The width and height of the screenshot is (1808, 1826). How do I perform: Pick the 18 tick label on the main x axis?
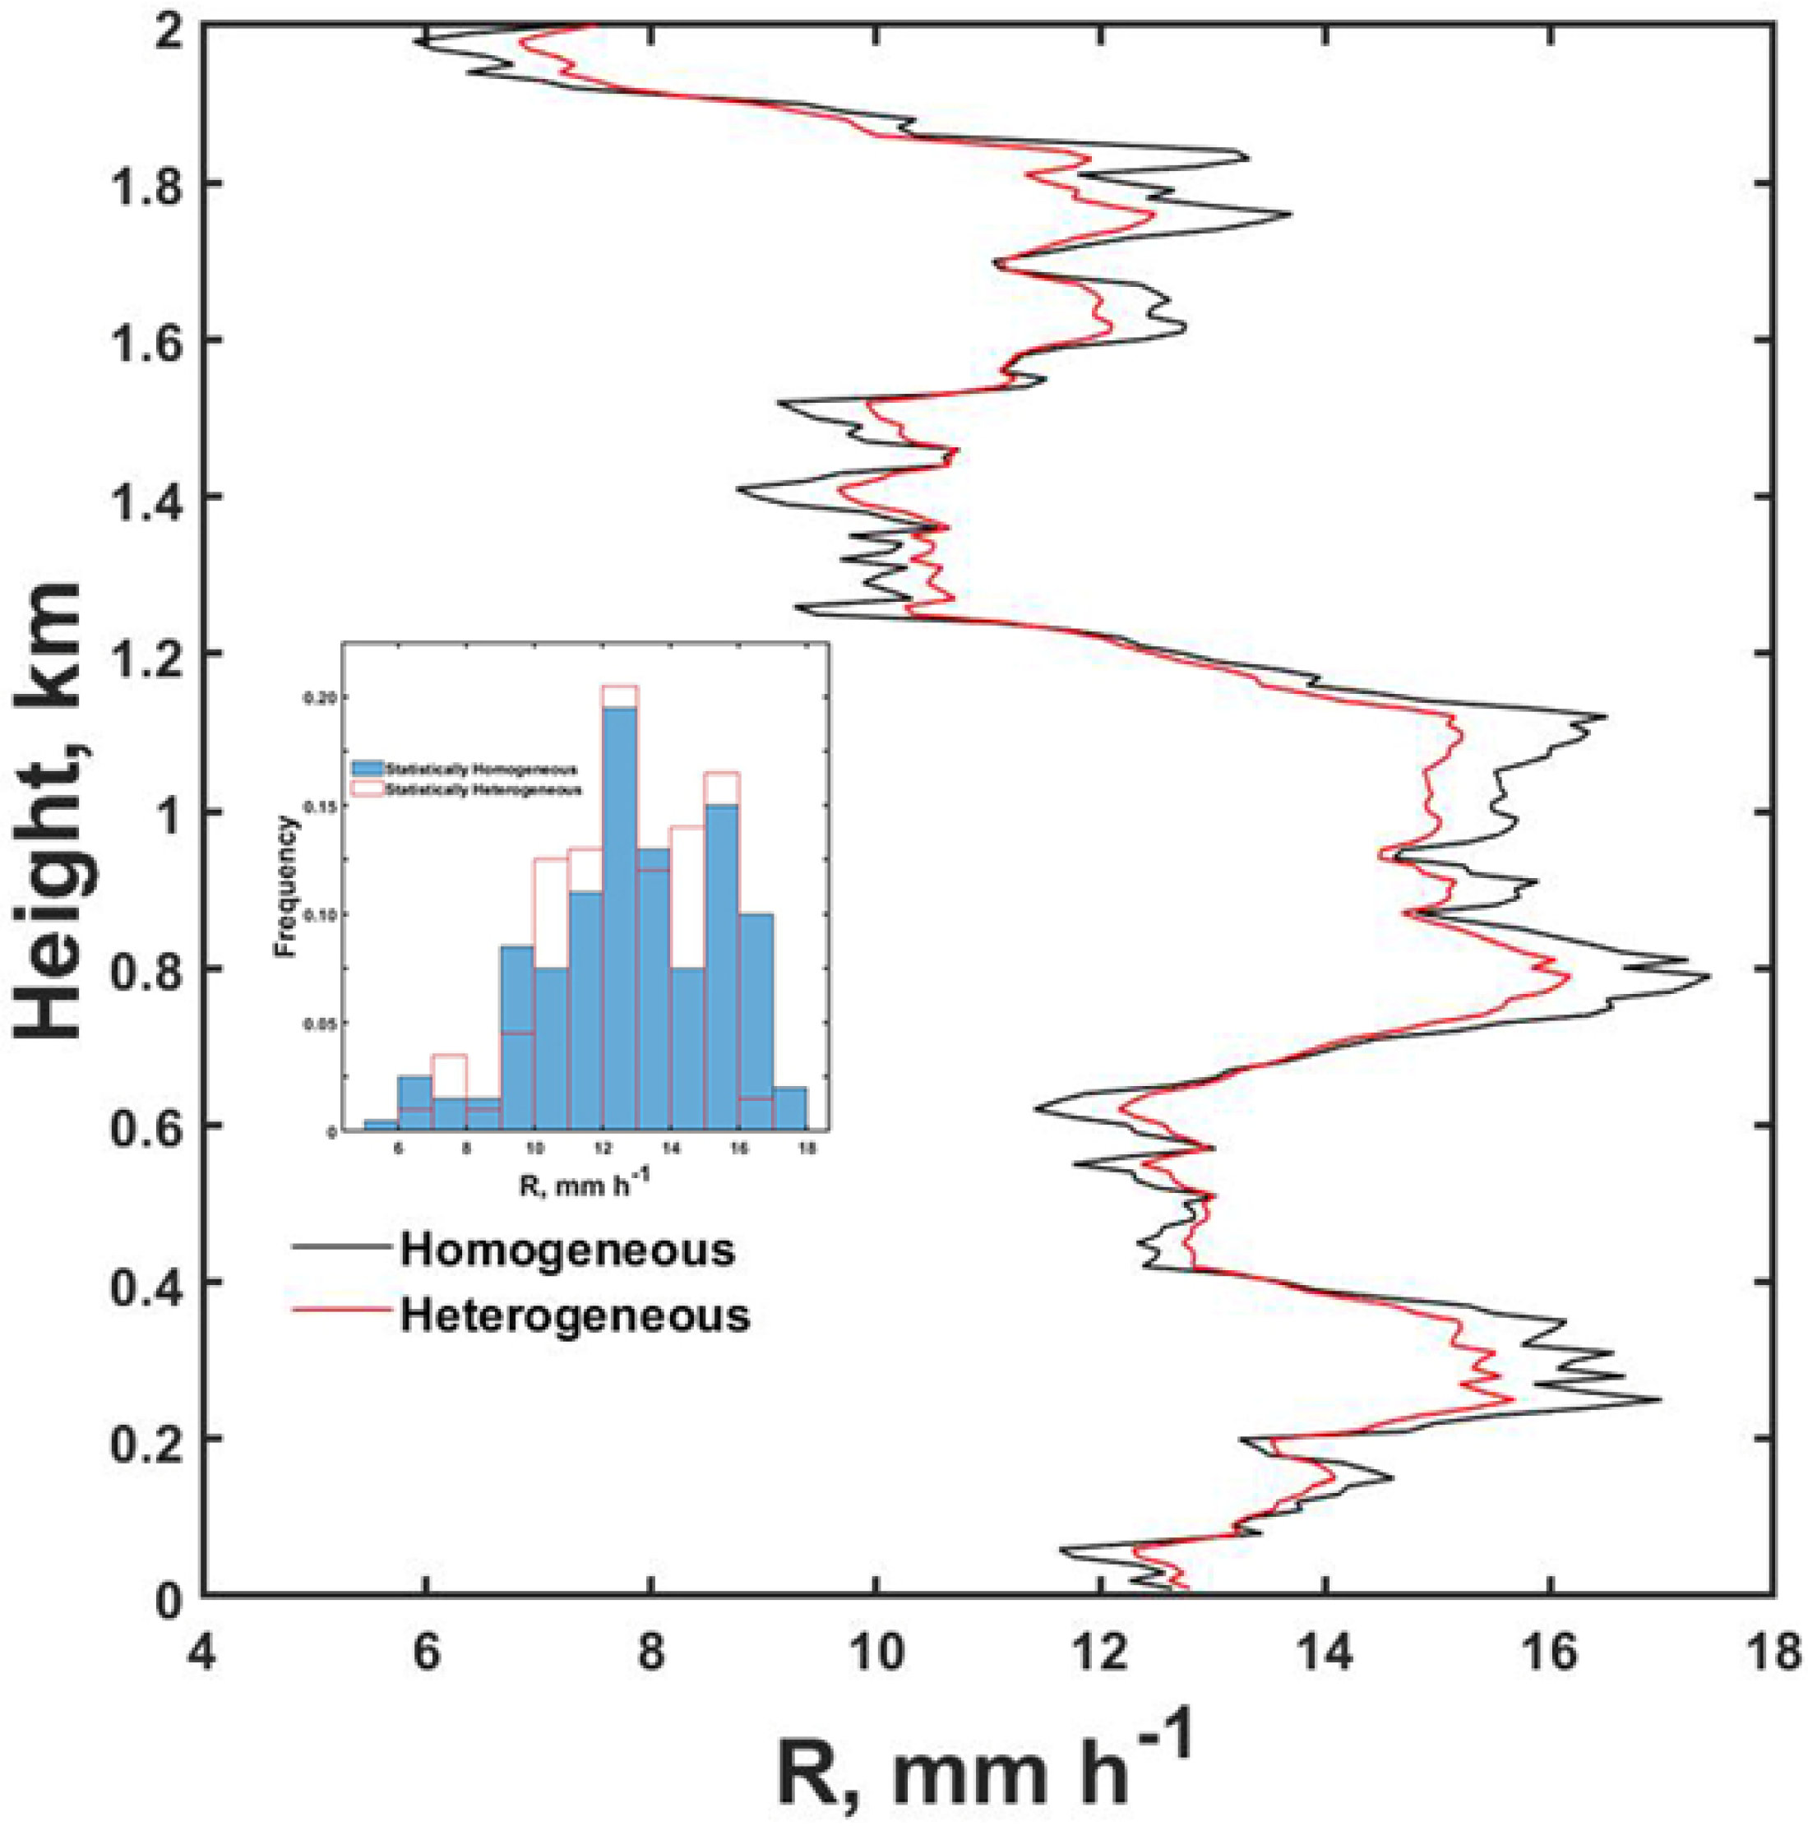(x=1771, y=1655)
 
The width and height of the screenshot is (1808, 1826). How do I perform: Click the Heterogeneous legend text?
(x=575, y=1315)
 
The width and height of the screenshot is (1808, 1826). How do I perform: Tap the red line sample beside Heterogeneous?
(x=340, y=1309)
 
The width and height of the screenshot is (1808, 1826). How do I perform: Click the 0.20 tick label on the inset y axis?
(x=321, y=696)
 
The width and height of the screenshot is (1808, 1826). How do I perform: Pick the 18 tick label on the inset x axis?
(x=807, y=1149)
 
